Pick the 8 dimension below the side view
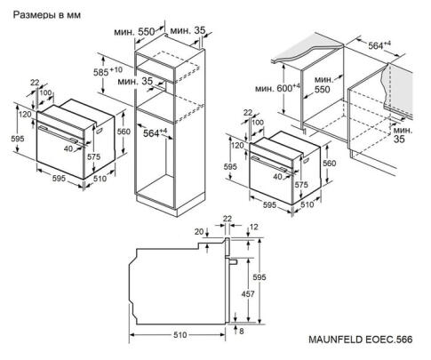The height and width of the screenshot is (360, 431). (x=240, y=332)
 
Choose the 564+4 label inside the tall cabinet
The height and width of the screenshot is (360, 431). (x=156, y=133)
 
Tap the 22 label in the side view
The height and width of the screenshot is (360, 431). (x=227, y=219)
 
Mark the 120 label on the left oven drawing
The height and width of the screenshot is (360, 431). (x=24, y=116)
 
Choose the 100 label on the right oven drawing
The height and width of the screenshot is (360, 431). (x=259, y=122)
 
